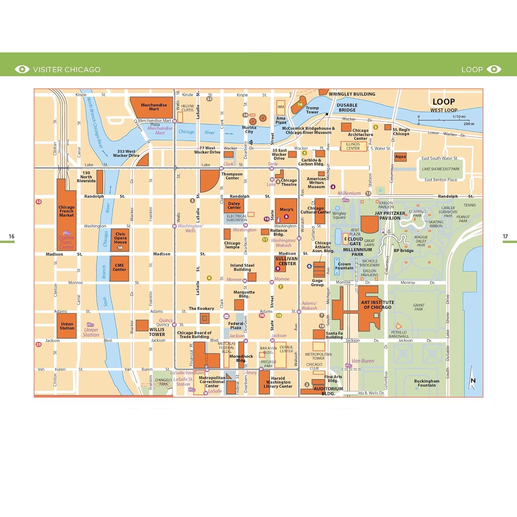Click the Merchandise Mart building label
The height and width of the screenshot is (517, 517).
point(154,107)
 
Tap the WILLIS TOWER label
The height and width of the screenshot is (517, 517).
point(157,332)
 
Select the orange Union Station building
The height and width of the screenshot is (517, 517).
point(67,326)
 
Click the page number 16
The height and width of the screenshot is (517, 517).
point(11,236)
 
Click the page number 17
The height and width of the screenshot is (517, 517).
point(505,236)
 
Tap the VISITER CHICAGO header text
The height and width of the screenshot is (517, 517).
point(67,70)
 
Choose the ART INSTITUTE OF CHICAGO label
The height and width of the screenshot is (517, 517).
point(377,305)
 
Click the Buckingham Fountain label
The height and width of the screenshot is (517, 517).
point(427,383)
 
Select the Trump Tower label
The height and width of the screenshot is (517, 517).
point(312,110)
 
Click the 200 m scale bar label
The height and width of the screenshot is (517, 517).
point(469,124)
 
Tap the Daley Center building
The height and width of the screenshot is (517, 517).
point(234,205)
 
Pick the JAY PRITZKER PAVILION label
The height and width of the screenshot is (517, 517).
point(390,216)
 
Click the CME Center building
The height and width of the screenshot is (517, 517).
point(119,268)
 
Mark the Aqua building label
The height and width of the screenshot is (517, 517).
point(400,157)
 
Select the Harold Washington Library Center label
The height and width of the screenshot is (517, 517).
point(278,382)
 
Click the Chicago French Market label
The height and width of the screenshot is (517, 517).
point(66,211)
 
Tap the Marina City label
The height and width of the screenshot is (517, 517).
point(249,130)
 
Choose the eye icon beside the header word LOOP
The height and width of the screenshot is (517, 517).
point(494,69)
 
